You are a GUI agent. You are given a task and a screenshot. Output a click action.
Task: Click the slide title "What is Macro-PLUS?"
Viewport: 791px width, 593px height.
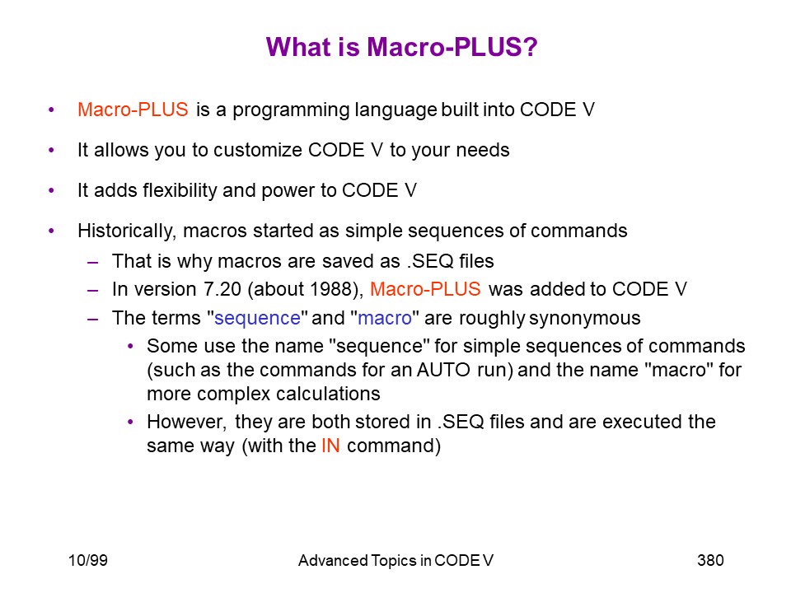401,47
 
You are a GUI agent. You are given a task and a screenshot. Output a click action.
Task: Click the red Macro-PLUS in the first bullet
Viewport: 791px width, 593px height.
133,110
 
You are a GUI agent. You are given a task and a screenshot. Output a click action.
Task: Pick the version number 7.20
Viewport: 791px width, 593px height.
222,289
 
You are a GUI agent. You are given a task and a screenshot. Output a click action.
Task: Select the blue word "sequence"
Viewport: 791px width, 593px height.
257,318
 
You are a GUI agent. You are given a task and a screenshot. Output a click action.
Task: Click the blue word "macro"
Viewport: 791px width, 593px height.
385,318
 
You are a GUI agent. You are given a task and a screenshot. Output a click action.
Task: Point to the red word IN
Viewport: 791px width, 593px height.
330,446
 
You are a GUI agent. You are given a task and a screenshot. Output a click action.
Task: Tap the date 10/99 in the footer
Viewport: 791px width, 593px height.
88,560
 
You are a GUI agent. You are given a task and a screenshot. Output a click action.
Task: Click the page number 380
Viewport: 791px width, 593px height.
710,560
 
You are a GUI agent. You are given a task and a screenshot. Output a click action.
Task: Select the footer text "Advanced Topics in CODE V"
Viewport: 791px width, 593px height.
395,560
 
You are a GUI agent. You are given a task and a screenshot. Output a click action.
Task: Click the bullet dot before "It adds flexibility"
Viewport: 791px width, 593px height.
51,190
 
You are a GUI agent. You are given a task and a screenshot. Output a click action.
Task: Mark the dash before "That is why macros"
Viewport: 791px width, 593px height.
92,262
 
